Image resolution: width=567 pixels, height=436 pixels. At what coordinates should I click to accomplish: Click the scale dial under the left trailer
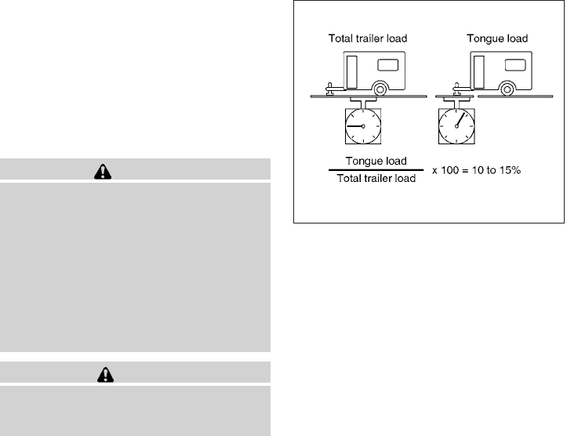click(x=362, y=126)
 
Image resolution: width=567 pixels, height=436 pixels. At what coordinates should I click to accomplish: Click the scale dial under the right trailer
click(x=454, y=126)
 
